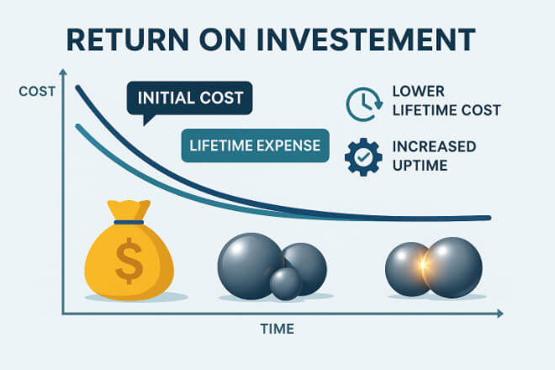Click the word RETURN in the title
click(128, 39)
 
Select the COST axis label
click(37, 92)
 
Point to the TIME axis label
click(277, 329)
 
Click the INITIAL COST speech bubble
click(190, 98)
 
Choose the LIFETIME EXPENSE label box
click(255, 145)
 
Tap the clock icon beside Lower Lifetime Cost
click(364, 104)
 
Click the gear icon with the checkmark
click(363, 157)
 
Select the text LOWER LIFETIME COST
click(447, 101)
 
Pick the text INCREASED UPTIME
click(434, 156)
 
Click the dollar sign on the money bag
click(129, 261)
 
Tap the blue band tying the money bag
click(129, 222)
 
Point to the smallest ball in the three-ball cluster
click(286, 283)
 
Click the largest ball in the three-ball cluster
click(251, 266)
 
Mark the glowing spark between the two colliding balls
click(423, 265)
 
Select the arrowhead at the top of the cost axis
click(63, 71)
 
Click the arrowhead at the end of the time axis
click(499, 314)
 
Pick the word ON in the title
click(222, 39)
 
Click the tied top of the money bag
click(129, 209)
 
